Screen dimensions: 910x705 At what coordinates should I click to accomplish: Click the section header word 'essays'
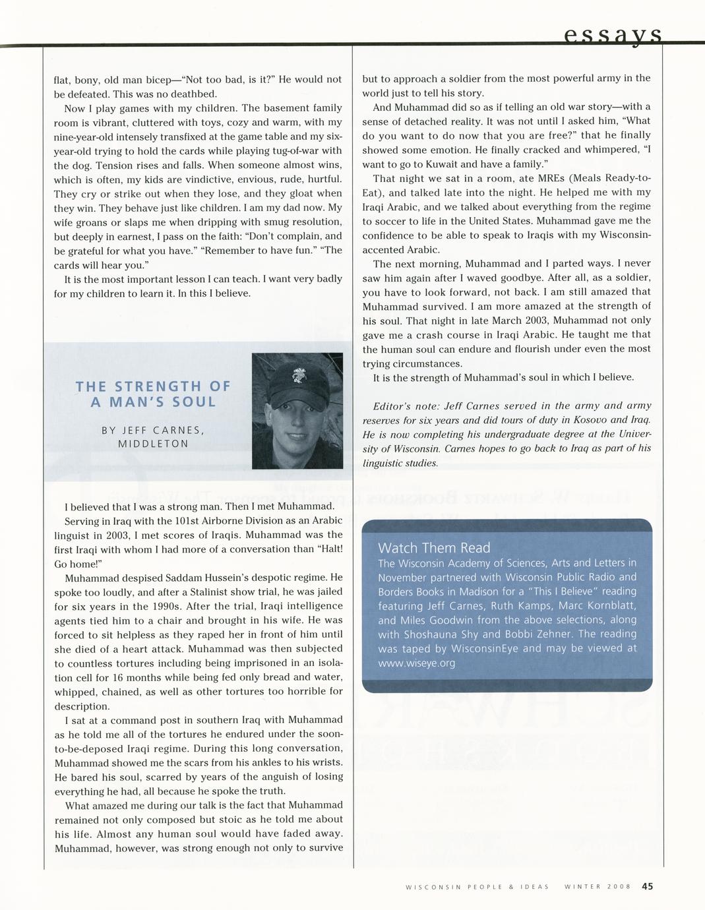click(613, 34)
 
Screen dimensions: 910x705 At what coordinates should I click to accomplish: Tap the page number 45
click(647, 886)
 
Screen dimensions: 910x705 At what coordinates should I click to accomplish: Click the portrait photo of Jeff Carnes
click(297, 410)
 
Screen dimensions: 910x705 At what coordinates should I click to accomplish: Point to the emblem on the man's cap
click(295, 377)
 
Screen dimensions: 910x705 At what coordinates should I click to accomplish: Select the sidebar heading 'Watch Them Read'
click(434, 547)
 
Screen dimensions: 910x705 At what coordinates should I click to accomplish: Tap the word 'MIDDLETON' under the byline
click(153, 444)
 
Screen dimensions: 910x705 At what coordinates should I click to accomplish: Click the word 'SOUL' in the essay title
click(194, 402)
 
